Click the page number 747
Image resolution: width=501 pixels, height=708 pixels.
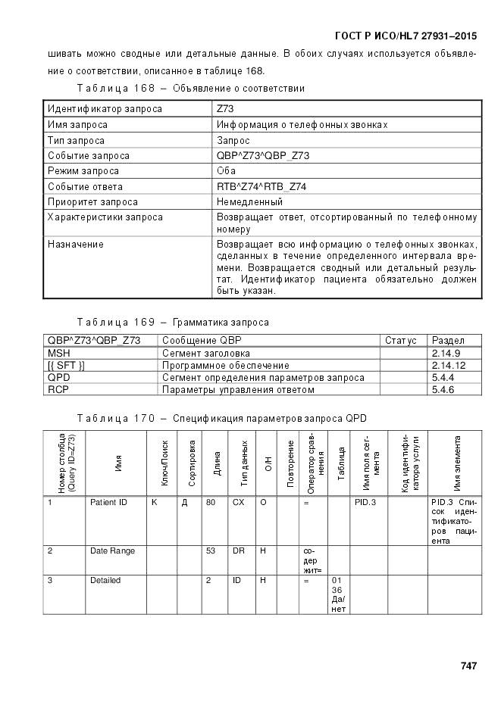(468, 666)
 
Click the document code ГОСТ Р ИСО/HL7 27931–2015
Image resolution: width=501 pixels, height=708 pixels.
(405, 35)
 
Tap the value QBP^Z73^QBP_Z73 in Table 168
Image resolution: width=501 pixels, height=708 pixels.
(263, 155)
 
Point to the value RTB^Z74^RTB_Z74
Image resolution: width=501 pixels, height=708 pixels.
(261, 186)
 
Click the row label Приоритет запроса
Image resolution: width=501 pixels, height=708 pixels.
(92, 202)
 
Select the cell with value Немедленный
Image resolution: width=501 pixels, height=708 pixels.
(249, 202)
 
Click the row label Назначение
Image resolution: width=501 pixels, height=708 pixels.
(76, 245)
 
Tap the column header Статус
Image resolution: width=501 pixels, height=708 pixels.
(401, 341)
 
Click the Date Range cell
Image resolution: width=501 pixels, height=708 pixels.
(112, 550)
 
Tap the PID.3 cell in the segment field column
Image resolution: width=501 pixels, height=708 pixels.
(365, 502)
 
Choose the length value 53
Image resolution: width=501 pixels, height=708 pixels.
(211, 550)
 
